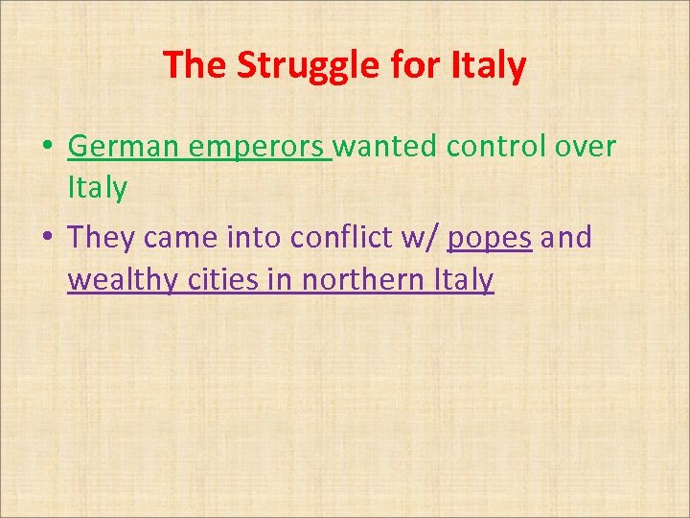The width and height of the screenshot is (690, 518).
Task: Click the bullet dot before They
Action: click(x=47, y=237)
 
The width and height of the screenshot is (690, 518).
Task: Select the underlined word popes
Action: click(x=490, y=237)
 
